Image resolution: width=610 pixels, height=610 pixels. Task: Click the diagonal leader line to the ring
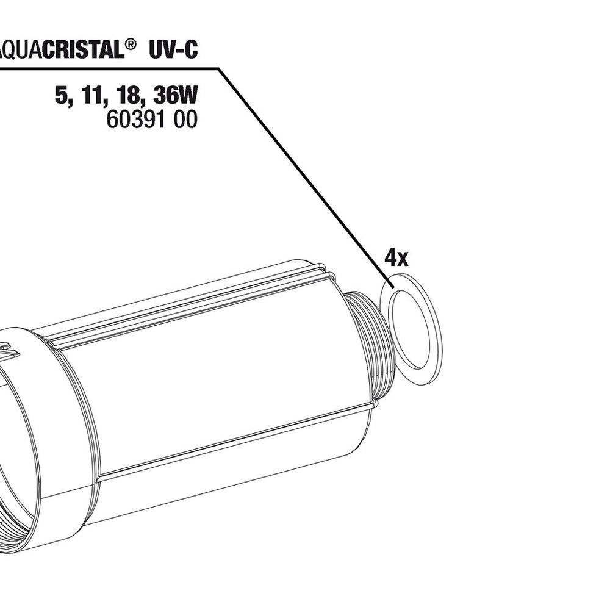coord(305,165)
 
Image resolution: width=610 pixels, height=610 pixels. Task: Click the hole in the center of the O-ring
coord(414,329)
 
